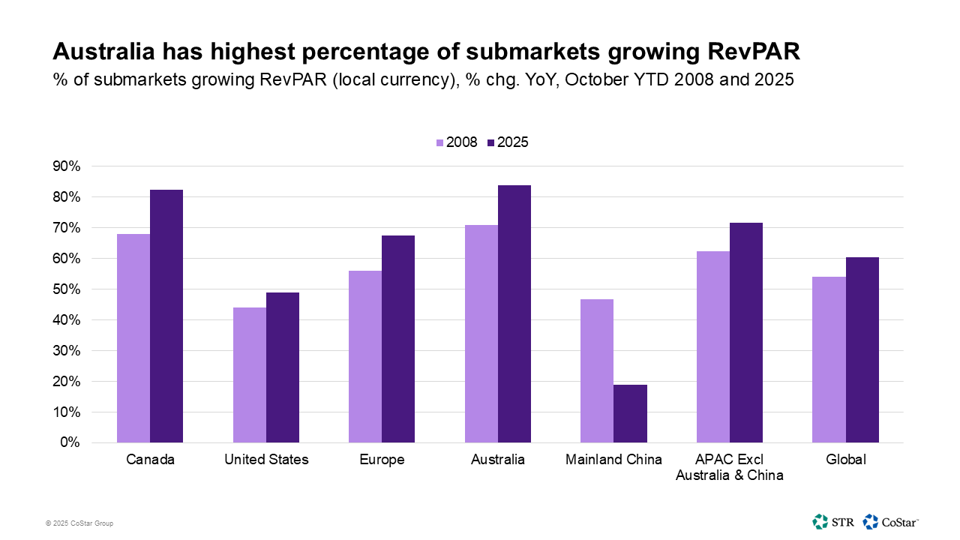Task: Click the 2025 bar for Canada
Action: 166,316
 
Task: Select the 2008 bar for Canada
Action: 133,338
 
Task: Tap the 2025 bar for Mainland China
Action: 630,413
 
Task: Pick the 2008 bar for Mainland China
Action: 597,370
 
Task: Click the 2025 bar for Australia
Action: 514,313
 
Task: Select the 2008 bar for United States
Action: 249,375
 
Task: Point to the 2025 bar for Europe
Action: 398,339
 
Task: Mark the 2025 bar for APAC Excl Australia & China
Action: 746,332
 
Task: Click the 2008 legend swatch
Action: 440,142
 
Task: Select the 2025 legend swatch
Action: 491,142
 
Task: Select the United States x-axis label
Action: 266,460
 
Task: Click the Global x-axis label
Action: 845,460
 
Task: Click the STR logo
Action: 832,521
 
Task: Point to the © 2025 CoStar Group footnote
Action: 79,523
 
